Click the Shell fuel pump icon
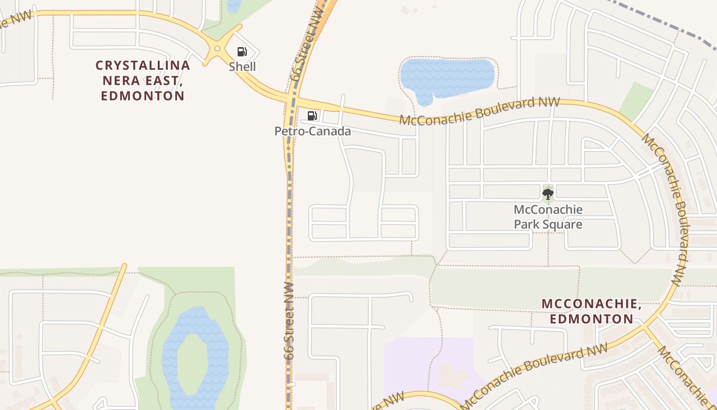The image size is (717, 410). click(242, 51)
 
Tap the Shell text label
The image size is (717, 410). click(242, 67)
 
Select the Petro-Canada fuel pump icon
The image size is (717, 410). click(312, 116)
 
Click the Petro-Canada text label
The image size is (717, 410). click(312, 131)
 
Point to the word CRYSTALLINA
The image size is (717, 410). click(143, 66)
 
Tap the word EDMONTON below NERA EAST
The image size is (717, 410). click(143, 96)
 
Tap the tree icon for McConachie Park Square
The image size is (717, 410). click(548, 194)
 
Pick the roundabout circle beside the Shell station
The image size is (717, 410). click(218, 49)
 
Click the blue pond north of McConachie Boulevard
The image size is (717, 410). click(446, 77)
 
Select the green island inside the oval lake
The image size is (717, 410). click(192, 364)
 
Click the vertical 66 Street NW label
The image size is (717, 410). click(289, 320)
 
